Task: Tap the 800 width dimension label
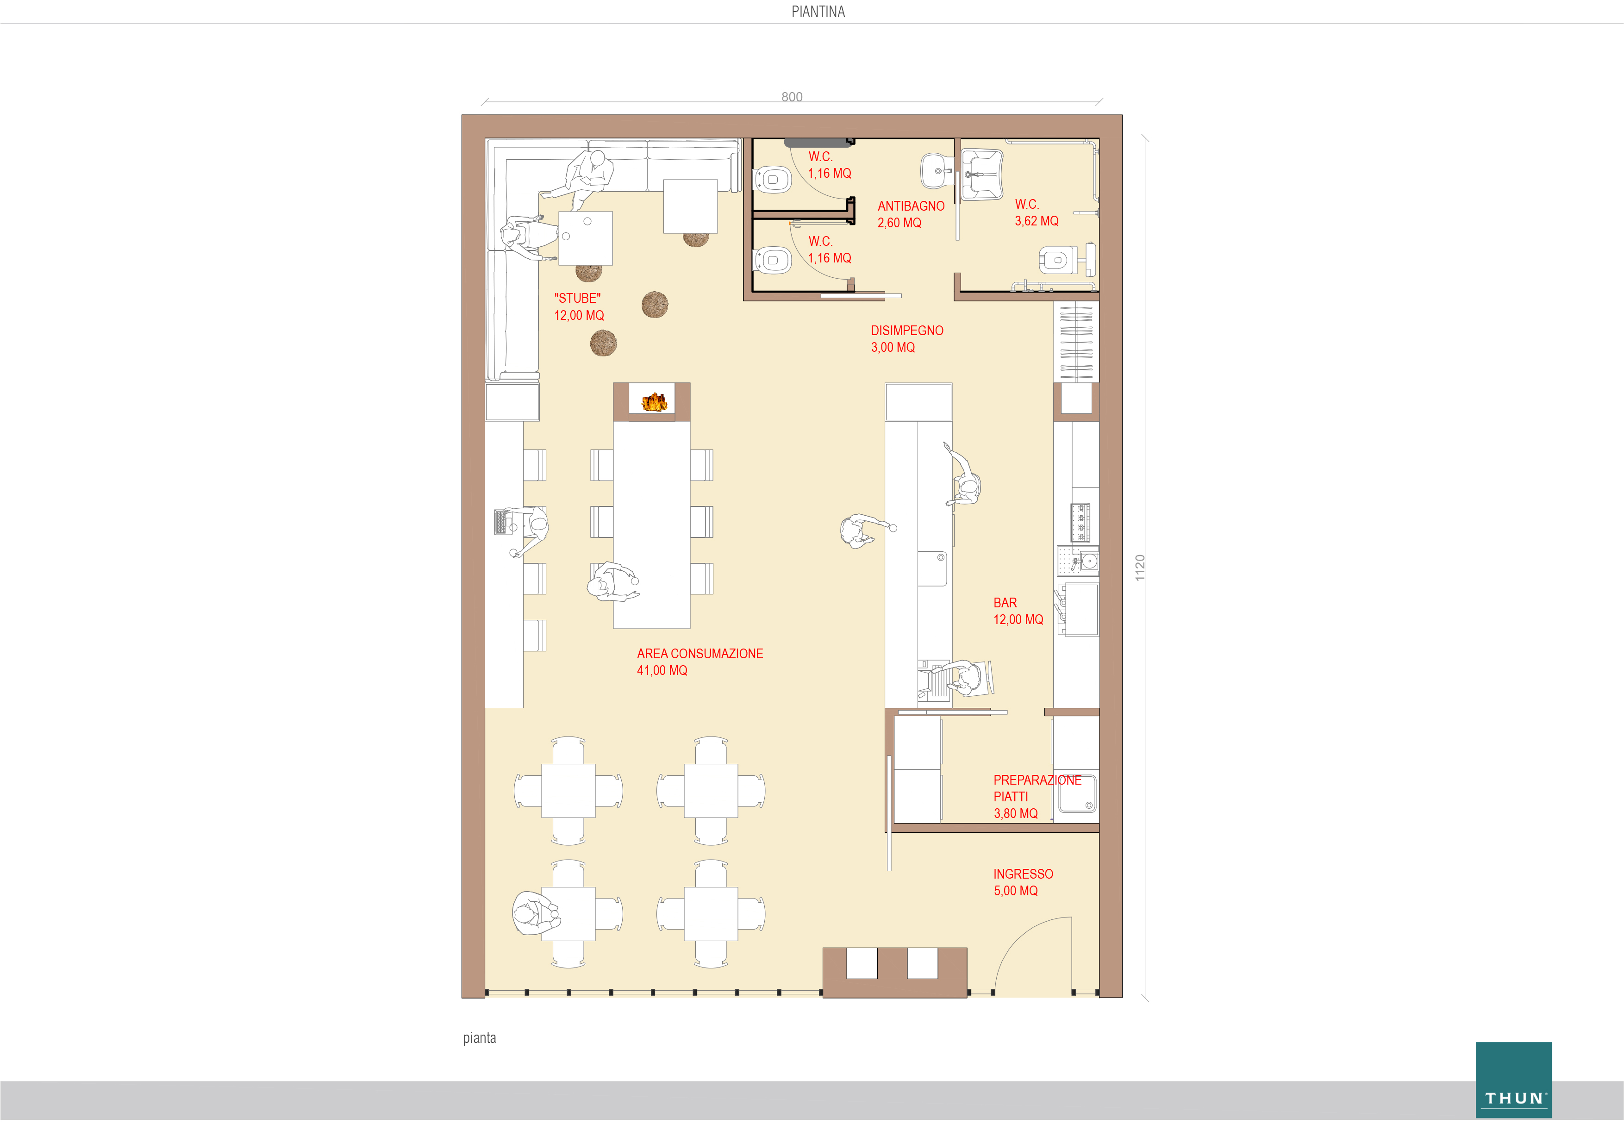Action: (x=792, y=97)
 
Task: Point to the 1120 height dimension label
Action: (x=1139, y=568)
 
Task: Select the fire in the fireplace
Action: (x=654, y=402)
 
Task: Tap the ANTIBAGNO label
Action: (x=911, y=206)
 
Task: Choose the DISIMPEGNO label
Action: (x=907, y=331)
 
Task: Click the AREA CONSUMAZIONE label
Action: (x=700, y=654)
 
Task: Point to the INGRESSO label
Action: (x=1023, y=874)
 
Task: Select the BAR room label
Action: (x=1005, y=603)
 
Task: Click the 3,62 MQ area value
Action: (x=1036, y=221)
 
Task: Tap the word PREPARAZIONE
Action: (x=1037, y=780)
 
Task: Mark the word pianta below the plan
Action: (x=480, y=1038)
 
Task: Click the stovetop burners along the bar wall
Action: (x=1080, y=522)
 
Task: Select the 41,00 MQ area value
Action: (x=662, y=671)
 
